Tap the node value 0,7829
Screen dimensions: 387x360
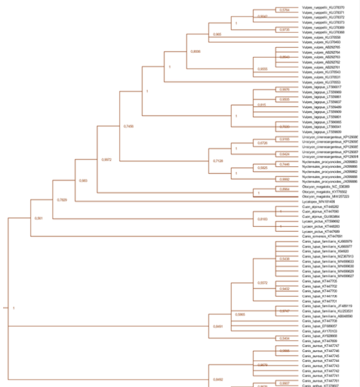coord(62,200)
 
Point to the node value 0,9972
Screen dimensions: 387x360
coord(107,159)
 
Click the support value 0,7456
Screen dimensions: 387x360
coord(129,126)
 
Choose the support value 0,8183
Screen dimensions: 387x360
coord(262,219)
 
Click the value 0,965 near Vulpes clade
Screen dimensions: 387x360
coord(217,35)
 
